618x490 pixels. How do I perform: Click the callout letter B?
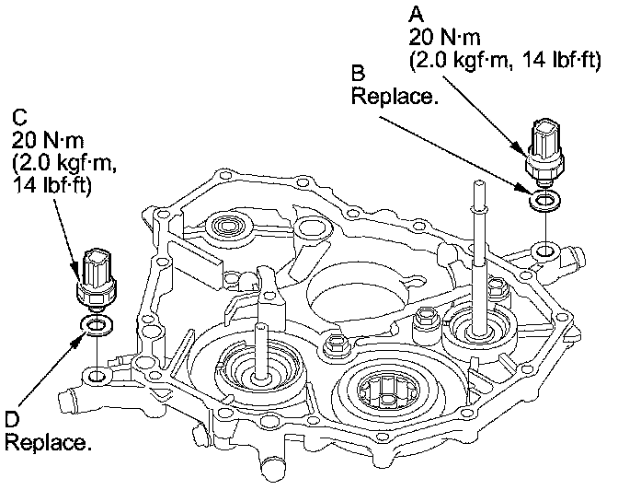coord(359,72)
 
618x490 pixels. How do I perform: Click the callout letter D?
coord(11,420)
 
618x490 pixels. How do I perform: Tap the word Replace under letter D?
coord(48,442)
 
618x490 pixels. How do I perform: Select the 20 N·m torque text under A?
coord(444,39)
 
